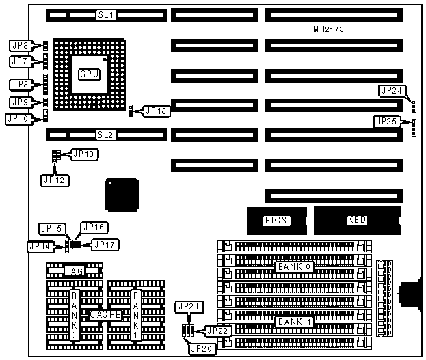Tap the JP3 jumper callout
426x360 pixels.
click(19, 45)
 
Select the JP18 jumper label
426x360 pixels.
click(155, 111)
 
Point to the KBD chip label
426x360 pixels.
click(357, 220)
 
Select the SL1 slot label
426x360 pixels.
click(105, 14)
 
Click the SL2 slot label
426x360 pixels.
click(105, 135)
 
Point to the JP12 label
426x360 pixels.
click(55, 180)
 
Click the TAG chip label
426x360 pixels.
click(74, 271)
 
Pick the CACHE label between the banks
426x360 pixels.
click(105, 315)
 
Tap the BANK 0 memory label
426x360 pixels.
click(295, 266)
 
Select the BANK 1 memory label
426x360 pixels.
click(295, 321)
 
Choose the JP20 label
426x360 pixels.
click(202, 348)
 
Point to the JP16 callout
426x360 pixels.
click(93, 227)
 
